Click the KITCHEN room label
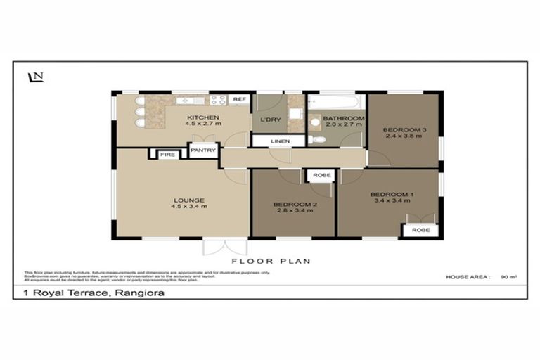coord(203,117)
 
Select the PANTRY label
coord(203,150)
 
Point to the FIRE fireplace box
coord(167,154)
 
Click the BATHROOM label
coord(344,118)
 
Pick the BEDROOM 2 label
coord(292,205)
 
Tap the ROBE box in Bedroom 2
coord(321,175)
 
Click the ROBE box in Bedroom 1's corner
coord(420,230)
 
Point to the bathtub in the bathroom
coord(336,101)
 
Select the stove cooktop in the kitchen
coord(217,100)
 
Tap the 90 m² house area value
coord(508,277)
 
